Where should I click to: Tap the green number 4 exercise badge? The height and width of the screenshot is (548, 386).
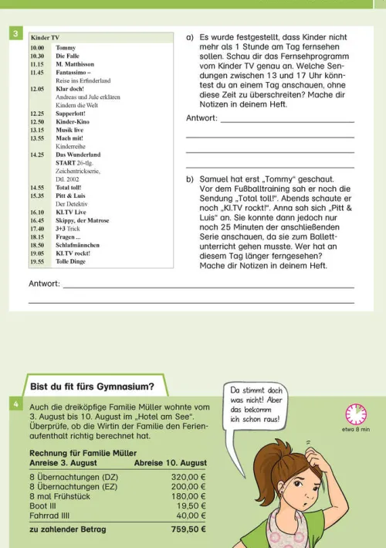point(15,403)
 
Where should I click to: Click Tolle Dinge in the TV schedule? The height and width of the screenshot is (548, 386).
point(70,261)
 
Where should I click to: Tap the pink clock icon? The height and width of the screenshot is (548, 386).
point(356,414)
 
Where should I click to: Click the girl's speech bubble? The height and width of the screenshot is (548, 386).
point(257,406)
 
